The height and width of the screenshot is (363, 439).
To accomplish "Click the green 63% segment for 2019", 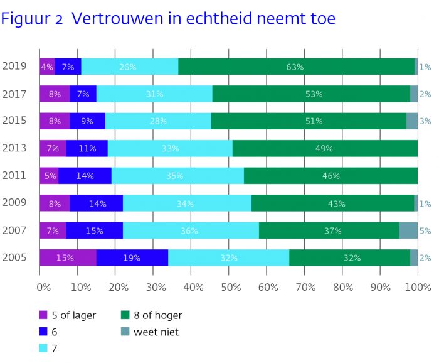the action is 296,67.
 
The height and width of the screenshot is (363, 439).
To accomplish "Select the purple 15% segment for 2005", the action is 68,257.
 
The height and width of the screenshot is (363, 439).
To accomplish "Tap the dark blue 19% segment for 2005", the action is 132,257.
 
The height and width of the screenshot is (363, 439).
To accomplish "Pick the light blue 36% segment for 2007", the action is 191,230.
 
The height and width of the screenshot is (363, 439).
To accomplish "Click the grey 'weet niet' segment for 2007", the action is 408,230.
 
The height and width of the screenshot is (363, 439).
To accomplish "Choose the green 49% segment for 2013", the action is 325,148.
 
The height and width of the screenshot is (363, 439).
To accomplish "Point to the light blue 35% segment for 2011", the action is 177,176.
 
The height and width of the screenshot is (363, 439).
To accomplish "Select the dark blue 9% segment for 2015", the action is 88,121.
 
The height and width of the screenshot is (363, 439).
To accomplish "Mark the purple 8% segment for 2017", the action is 55,94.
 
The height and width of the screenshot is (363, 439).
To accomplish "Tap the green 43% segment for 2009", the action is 332,203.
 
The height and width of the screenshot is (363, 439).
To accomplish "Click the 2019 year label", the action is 14,66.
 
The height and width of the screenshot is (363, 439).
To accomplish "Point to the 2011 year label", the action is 14,175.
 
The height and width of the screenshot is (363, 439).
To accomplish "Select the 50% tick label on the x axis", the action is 231,287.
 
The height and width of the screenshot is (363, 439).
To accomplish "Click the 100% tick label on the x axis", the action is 418,287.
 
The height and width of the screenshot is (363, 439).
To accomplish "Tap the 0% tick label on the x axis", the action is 44,287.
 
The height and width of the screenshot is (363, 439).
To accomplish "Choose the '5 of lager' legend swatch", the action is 43,315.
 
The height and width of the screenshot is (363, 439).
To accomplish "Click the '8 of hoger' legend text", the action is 158,315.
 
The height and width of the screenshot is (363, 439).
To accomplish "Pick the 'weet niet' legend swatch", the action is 125,332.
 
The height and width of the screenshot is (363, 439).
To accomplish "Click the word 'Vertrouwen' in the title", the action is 117,18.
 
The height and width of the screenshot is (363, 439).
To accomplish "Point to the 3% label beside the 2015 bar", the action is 425,121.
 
